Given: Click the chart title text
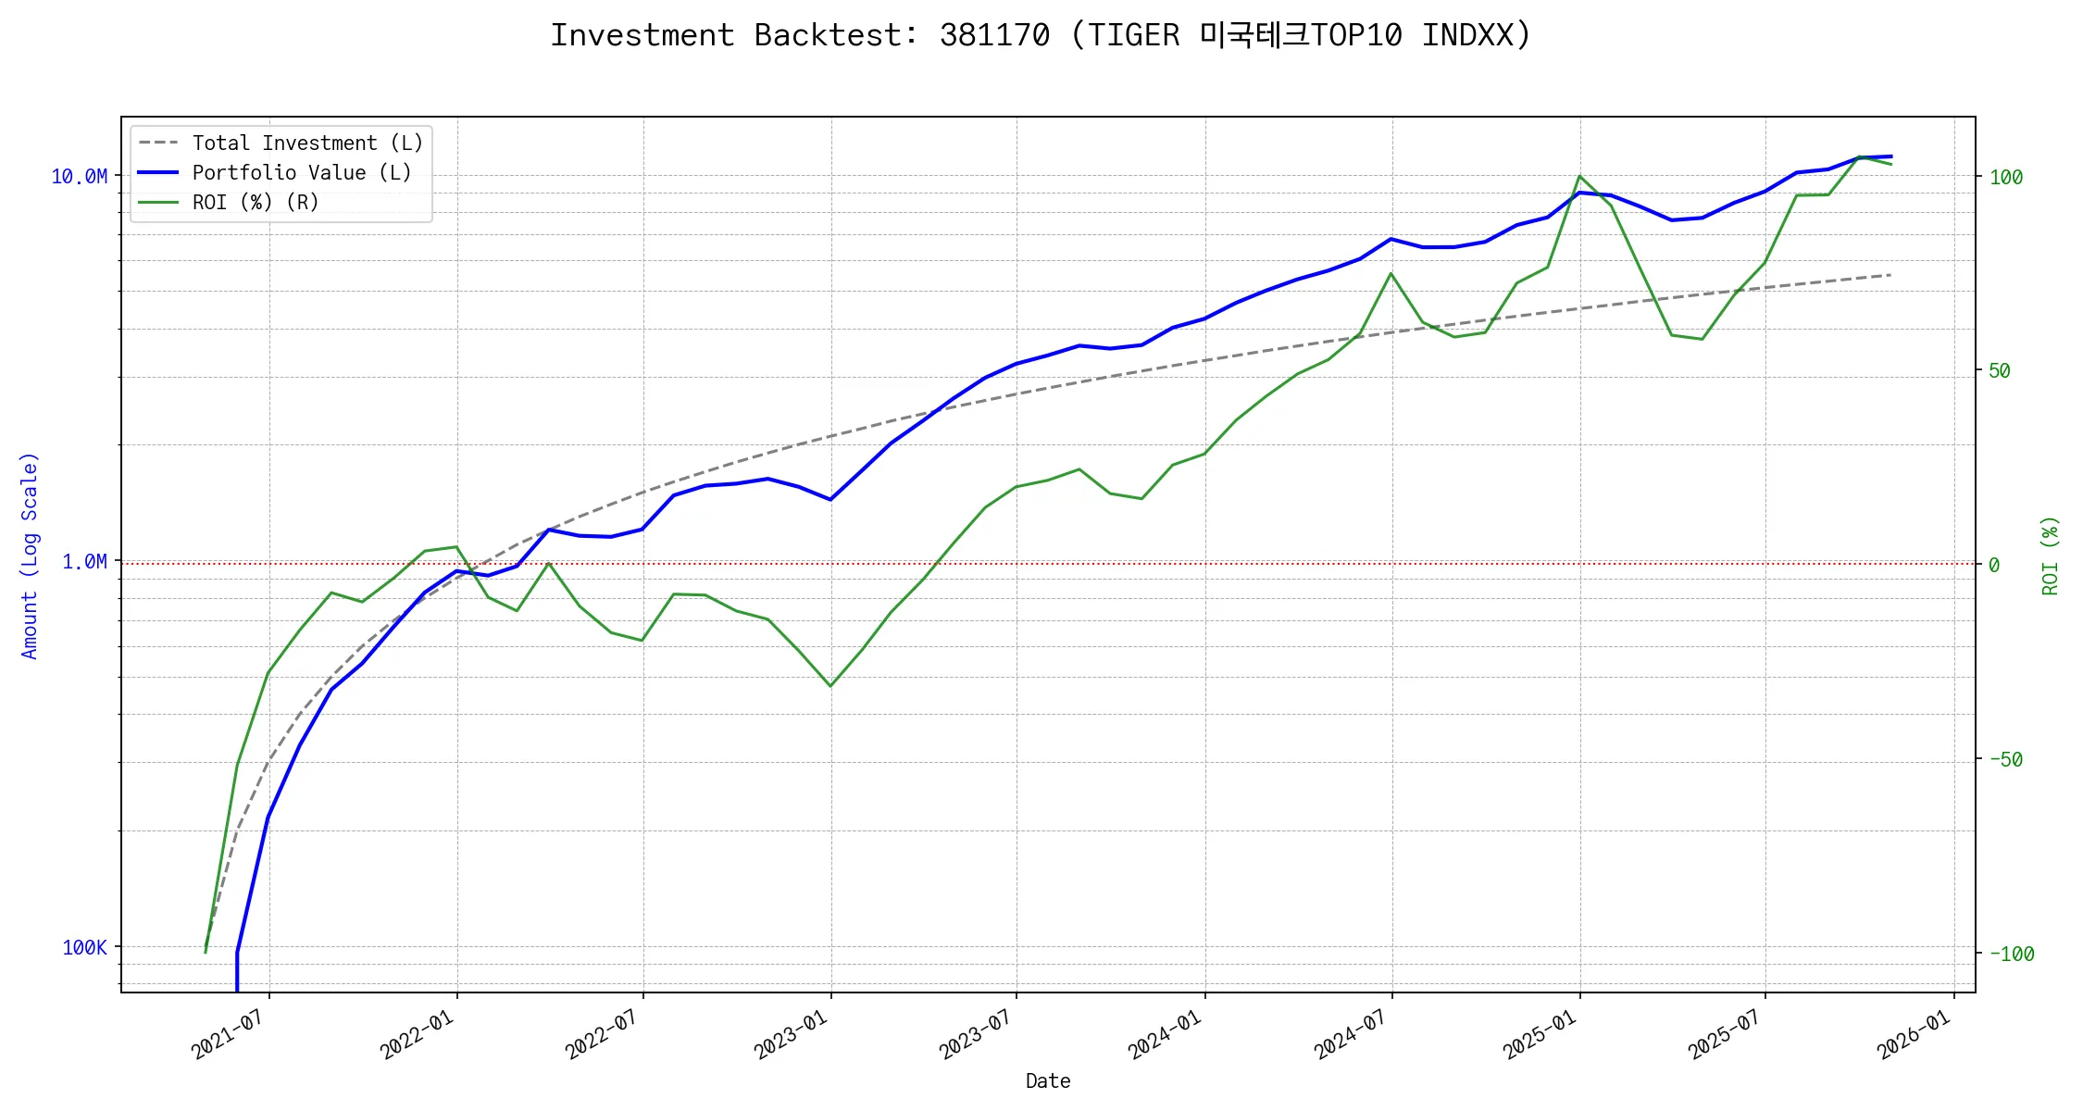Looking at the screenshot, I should [1041, 35].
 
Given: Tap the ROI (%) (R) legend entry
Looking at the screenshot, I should [255, 203].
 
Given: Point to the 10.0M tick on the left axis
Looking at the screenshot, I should [79, 176].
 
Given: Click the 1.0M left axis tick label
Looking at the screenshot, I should [84, 562].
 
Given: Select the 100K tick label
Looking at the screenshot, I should [84, 947].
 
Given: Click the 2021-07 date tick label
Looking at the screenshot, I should [228, 1034].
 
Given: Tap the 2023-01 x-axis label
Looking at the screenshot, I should [790, 1034].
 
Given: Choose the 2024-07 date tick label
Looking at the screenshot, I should [1350, 1034].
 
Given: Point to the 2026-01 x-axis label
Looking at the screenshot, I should [1913, 1034].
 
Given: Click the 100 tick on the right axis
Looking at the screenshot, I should [2005, 177].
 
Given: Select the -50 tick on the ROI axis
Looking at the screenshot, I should [2005, 759].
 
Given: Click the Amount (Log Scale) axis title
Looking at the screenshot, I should [30, 555].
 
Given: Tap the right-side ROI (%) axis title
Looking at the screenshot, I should [2050, 555].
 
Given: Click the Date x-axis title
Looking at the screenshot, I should [1048, 1081].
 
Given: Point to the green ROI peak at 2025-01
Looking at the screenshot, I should [1579, 176].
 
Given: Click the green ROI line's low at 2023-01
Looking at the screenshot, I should [830, 686].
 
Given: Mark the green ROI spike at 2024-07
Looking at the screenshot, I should [1391, 273].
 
